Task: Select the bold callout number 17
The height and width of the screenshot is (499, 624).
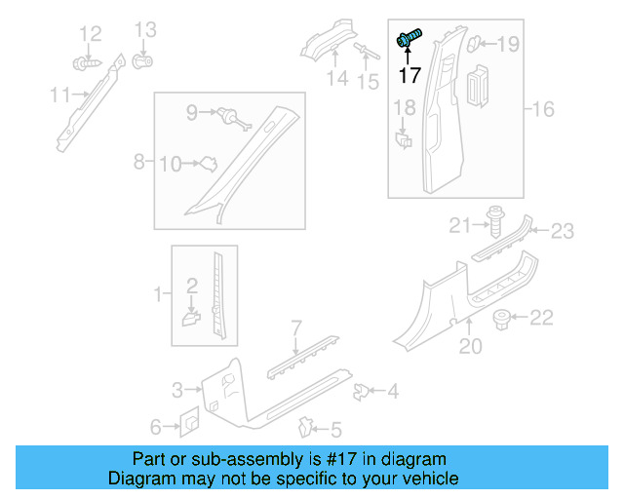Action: [409, 74]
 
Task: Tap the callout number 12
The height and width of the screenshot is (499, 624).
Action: [90, 34]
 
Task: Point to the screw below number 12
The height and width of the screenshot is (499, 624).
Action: [85, 63]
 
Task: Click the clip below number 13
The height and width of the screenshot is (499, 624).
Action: [142, 62]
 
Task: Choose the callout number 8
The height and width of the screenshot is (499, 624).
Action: [138, 160]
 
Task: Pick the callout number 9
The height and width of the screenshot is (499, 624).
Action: [192, 113]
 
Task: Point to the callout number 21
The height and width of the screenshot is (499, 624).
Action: [460, 227]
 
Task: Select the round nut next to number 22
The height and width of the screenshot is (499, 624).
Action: [503, 318]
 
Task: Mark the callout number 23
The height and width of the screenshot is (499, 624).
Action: [563, 231]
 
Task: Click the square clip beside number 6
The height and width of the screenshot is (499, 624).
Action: [189, 424]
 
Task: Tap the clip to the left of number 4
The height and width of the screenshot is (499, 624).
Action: [360, 392]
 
